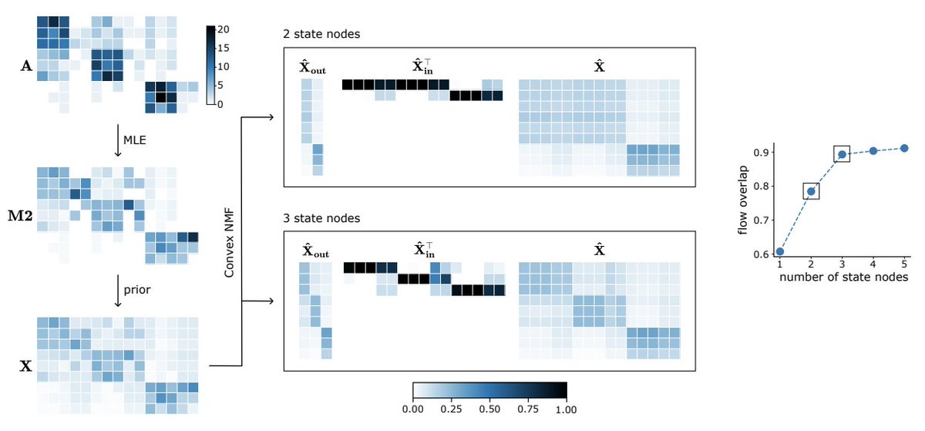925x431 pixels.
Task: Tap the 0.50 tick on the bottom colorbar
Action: [489, 409]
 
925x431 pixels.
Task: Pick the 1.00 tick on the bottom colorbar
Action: [567, 409]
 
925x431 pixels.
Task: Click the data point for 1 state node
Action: [780, 251]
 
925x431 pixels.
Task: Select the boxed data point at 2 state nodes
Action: [811, 191]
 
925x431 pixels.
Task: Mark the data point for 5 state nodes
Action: [904, 148]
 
